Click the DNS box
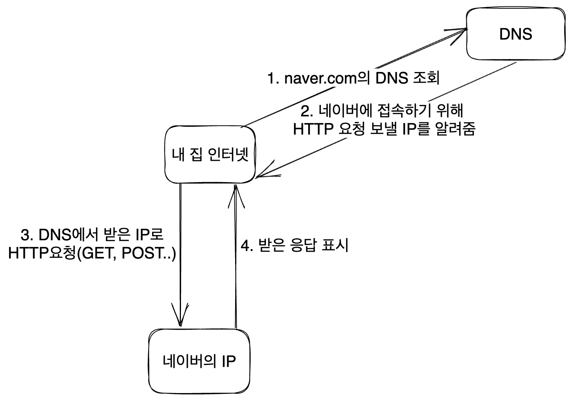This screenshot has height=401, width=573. click(x=516, y=34)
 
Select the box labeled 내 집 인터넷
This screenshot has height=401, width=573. click(x=210, y=155)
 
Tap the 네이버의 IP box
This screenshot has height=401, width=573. click(x=199, y=361)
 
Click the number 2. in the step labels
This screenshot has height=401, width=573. click(x=307, y=111)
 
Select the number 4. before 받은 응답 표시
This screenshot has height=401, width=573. click(x=247, y=245)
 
